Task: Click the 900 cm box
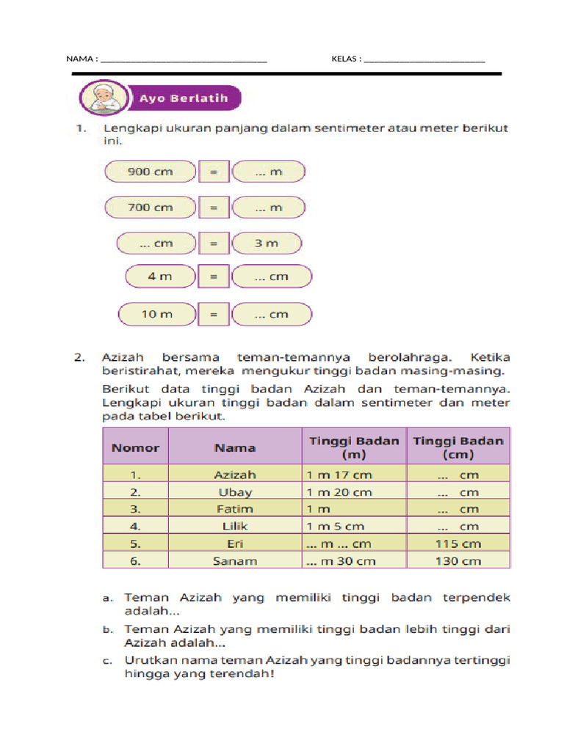point(151,172)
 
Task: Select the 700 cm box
point(151,208)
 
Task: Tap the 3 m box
point(267,243)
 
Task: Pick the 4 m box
point(161,276)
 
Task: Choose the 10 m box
point(157,315)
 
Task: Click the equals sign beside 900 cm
point(214,172)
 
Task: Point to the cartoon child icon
point(103,98)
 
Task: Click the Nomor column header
point(135,447)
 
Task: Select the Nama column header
point(235,447)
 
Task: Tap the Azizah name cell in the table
point(235,475)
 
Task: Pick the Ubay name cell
point(235,492)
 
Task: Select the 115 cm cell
point(458,543)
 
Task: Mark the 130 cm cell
point(458,560)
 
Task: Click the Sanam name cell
point(235,560)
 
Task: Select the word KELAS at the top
point(346,59)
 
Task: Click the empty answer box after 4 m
point(272,276)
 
